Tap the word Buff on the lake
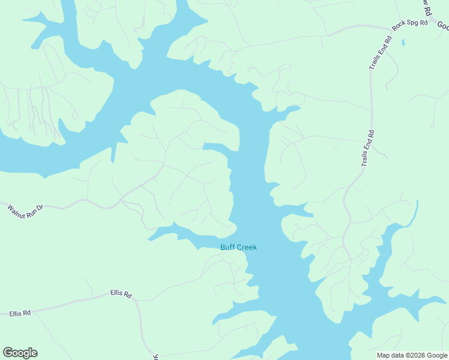point(228,247)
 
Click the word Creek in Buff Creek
point(247,247)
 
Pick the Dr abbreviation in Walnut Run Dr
point(40,208)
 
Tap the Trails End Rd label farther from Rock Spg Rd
point(367,148)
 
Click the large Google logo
point(20,353)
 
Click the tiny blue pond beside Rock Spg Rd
point(403,43)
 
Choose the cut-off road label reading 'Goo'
point(442,26)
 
